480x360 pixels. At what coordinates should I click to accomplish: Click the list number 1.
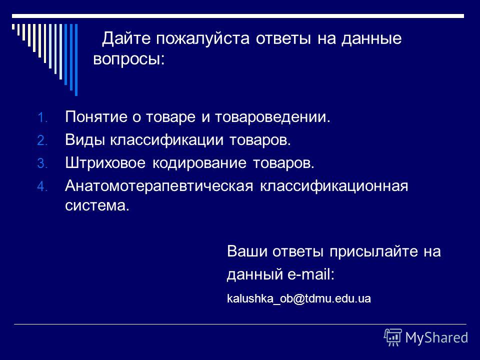pos(40,119)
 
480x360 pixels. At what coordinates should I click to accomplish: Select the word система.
pos(96,205)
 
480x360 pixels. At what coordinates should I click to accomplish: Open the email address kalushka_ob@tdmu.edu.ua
pos(299,299)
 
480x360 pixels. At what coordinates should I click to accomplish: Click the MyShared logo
pos(426,336)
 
